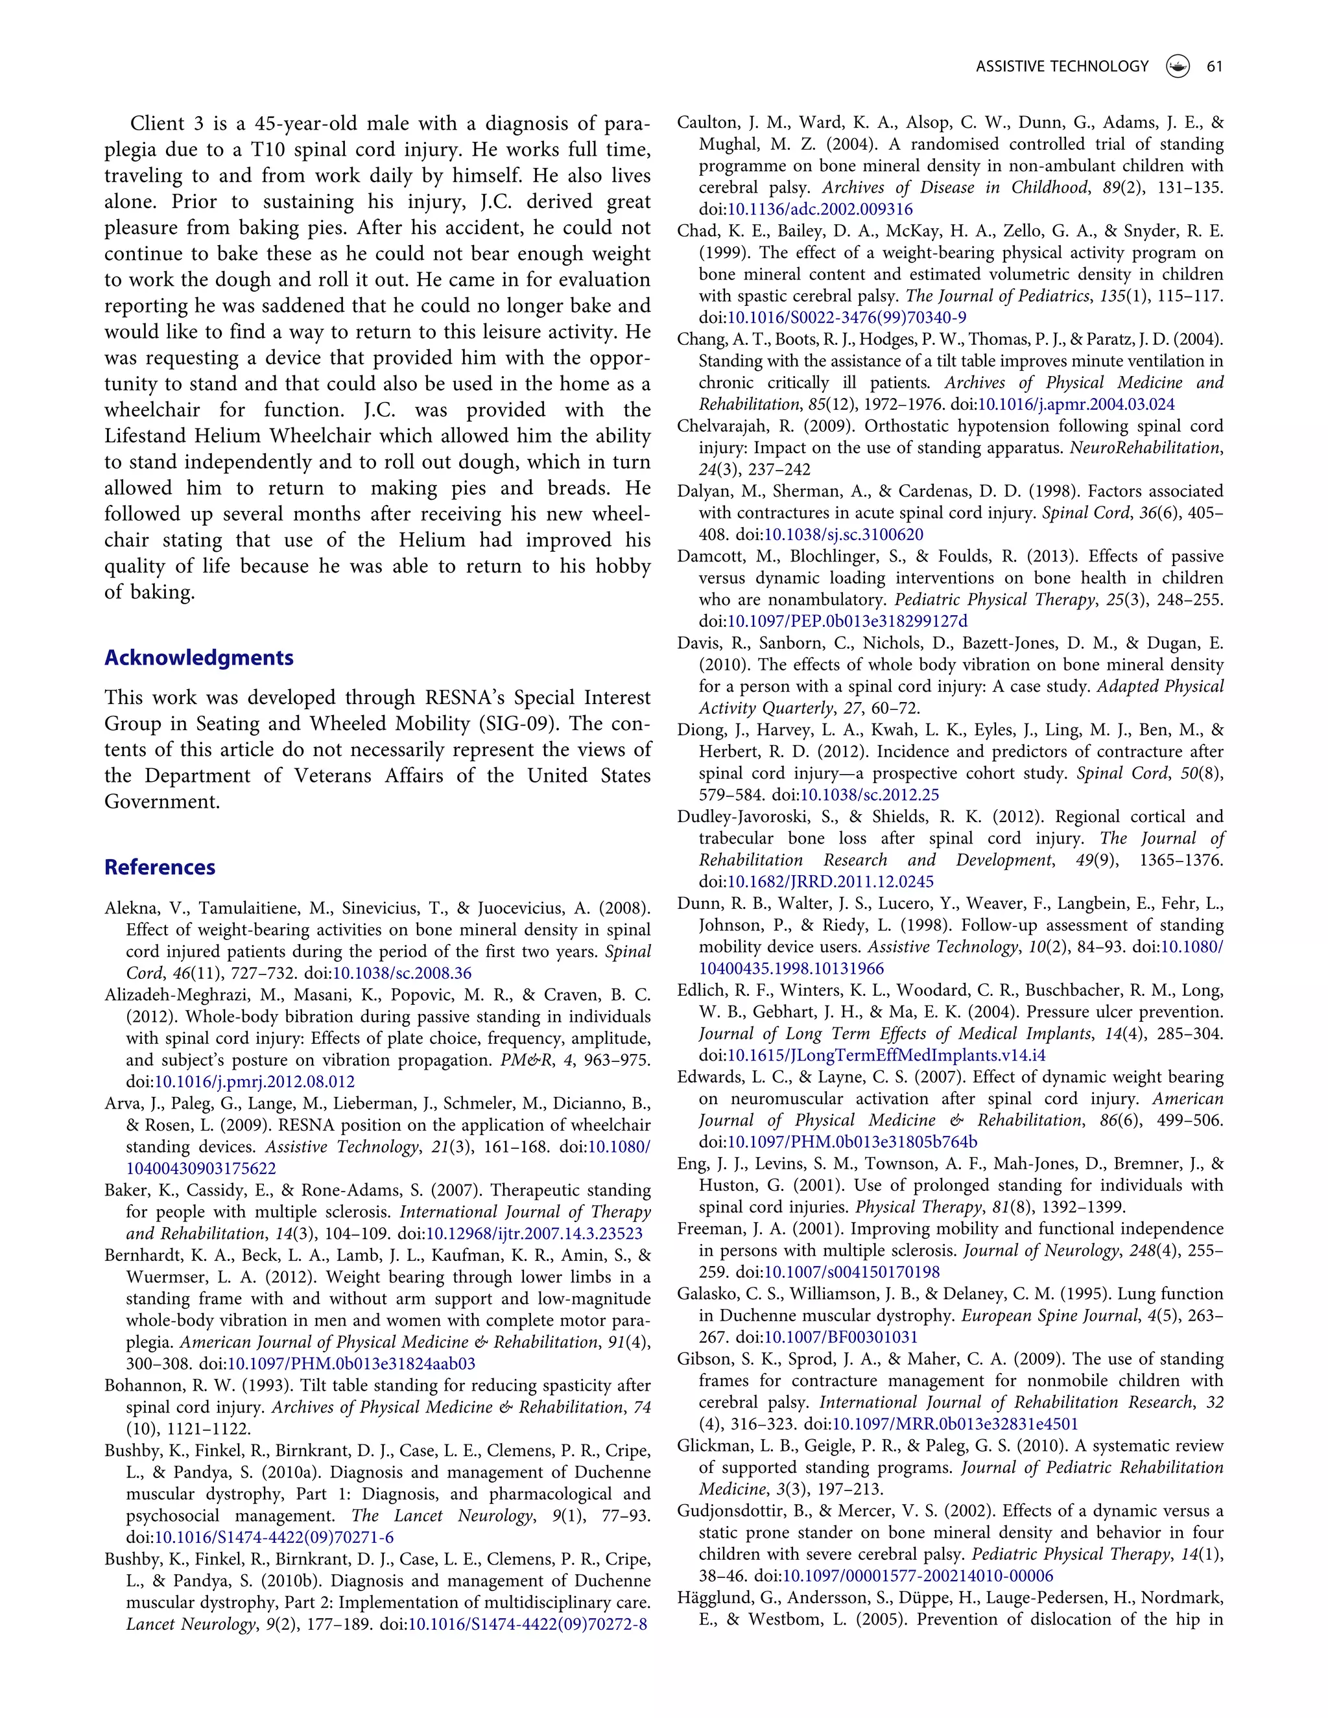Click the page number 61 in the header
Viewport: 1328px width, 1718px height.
pyautogui.click(x=1214, y=67)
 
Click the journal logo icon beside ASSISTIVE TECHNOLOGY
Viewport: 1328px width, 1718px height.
pyautogui.click(x=1177, y=67)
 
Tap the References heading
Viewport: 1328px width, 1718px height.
pyautogui.click(x=160, y=867)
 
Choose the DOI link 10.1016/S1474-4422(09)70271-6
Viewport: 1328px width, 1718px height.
pyautogui.click(x=274, y=1537)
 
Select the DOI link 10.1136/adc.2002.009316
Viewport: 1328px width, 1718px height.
pyautogui.click(x=820, y=209)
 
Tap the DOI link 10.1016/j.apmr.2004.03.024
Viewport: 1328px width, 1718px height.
pyautogui.click(x=1076, y=405)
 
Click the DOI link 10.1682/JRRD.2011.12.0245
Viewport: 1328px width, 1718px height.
pyautogui.click(x=830, y=882)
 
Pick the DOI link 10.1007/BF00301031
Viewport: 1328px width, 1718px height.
pyautogui.click(x=841, y=1337)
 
